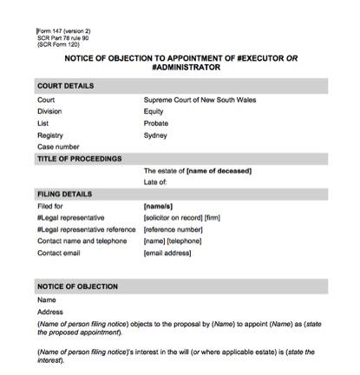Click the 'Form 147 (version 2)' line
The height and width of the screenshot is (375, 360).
coord(63,31)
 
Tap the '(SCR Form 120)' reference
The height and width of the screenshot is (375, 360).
coord(60,44)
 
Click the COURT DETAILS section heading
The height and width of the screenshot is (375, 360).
coord(66,86)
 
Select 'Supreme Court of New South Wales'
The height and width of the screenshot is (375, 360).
coord(200,100)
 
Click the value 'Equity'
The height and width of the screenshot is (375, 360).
coord(154,111)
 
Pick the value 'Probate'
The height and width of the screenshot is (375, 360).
coord(156,123)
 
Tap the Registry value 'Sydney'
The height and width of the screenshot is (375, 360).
coord(155,135)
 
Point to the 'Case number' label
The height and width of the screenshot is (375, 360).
coord(59,148)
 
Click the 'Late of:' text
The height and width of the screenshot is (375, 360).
coord(156,182)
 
